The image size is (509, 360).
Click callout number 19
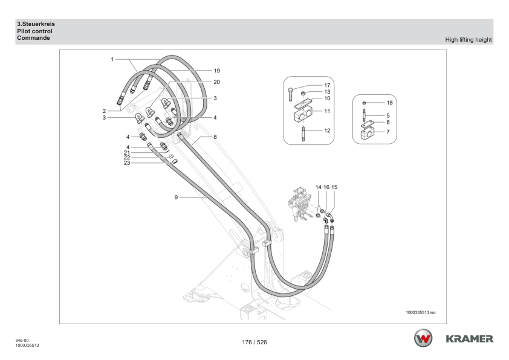(216, 71)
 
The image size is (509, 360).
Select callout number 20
(216, 82)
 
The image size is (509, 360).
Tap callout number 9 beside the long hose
(175, 198)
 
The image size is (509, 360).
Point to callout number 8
(215, 137)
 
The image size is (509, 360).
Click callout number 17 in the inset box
(328, 85)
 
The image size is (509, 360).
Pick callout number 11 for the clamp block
(328, 111)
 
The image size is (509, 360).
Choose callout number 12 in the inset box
(328, 129)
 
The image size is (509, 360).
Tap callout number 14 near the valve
(318, 187)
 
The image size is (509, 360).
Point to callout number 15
(334, 187)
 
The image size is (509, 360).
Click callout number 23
(126, 162)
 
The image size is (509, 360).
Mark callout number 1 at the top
(112, 59)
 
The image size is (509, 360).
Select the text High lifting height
(468, 40)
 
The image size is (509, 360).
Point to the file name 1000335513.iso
(421, 313)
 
